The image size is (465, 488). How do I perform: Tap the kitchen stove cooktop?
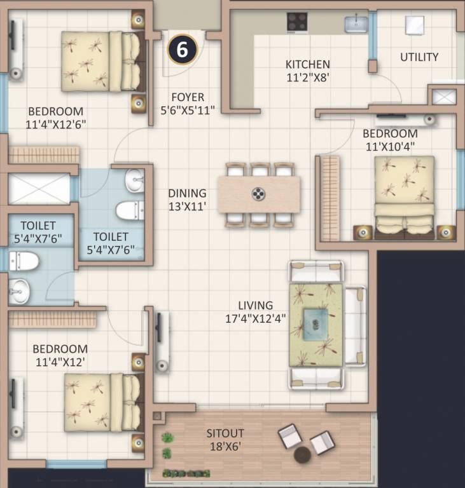(297, 23)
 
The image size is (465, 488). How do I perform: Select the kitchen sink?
(356, 25)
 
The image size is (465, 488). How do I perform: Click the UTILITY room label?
(419, 57)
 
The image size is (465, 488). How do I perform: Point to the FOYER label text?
(188, 97)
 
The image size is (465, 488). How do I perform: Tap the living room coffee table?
(316, 323)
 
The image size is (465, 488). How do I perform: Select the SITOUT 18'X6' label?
(225, 439)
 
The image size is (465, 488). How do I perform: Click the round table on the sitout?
(303, 455)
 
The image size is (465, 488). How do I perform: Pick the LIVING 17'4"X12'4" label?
(256, 311)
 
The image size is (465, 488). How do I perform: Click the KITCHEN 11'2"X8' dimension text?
(307, 70)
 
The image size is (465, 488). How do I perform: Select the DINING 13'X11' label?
(187, 200)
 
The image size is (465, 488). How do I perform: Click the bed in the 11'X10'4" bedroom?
(405, 197)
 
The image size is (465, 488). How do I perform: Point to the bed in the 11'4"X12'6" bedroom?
(102, 62)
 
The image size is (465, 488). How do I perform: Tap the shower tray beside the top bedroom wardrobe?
(39, 189)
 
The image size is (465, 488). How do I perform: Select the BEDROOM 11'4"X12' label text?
(60, 355)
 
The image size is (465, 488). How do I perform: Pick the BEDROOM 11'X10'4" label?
(390, 140)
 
